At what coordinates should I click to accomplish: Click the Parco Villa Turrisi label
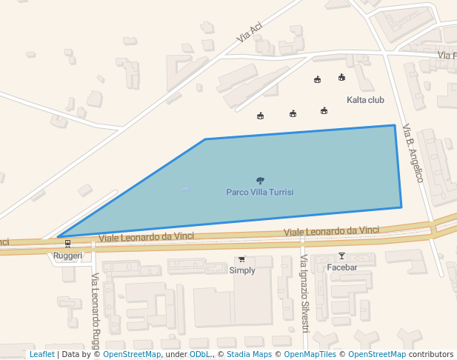260,192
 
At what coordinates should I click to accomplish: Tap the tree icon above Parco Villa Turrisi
260,180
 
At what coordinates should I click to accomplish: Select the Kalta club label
365,99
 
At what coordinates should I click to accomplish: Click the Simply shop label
242,270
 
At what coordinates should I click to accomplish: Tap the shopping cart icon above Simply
241,259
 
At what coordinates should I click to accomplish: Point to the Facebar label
342,267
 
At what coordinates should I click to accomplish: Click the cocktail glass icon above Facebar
341,256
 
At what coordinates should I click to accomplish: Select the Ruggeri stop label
67,256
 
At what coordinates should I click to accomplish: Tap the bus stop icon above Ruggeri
67,243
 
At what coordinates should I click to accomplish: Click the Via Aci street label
250,31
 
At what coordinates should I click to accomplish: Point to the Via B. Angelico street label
413,153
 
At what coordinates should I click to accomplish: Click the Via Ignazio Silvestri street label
304,293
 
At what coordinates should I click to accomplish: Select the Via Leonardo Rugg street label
96,311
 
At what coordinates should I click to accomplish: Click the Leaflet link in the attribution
41,355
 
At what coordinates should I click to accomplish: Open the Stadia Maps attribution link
249,355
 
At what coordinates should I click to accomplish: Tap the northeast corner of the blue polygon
394,125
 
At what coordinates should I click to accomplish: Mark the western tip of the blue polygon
57,237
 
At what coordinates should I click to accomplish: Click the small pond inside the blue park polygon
185,189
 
